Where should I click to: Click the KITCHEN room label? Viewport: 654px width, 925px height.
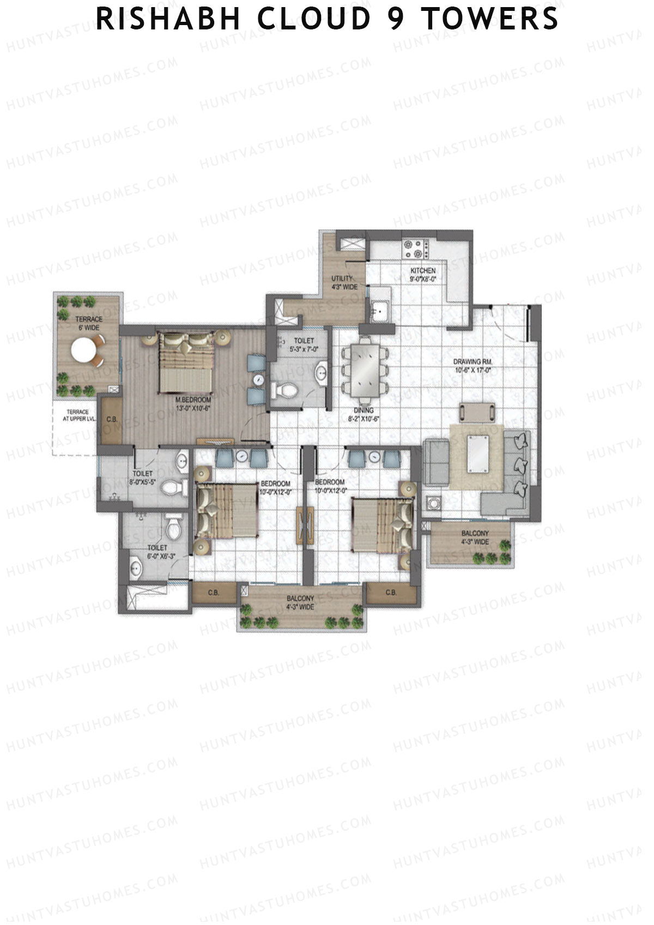423,271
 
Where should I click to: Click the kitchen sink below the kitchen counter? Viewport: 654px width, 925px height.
378,311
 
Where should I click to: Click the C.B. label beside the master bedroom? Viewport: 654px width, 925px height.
112,419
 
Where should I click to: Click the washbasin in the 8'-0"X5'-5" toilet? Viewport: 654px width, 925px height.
182,462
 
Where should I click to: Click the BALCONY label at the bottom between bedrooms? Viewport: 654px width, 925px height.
300,598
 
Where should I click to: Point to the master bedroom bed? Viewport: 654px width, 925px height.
186,363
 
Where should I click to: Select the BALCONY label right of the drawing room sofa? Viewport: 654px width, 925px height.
475,533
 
